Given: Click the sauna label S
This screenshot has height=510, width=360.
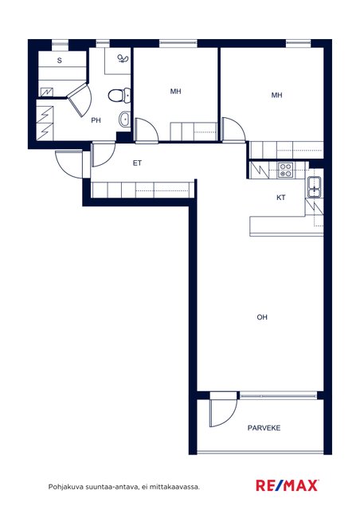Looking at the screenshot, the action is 60,61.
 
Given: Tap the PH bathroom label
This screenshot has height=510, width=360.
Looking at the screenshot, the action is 96,120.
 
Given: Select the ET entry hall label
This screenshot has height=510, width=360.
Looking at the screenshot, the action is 137,163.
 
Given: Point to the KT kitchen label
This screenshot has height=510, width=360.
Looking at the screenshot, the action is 281,198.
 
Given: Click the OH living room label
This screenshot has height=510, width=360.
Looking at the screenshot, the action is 262,317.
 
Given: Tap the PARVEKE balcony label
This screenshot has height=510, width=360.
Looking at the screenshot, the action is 264,428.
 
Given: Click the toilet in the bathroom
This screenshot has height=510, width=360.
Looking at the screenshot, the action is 119,96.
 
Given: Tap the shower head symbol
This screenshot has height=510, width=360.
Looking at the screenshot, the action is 123,58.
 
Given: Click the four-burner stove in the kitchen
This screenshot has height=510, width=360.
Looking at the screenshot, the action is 286,171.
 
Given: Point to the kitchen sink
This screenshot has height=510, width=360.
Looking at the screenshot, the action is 315,187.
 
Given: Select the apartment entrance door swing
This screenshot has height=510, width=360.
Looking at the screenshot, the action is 69,164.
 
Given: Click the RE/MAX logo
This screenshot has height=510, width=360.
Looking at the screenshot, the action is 288,485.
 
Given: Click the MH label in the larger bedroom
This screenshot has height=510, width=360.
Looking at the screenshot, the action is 276,96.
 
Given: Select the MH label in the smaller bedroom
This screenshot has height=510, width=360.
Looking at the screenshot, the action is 175,92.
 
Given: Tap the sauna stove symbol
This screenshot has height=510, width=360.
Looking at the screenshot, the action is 46,92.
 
